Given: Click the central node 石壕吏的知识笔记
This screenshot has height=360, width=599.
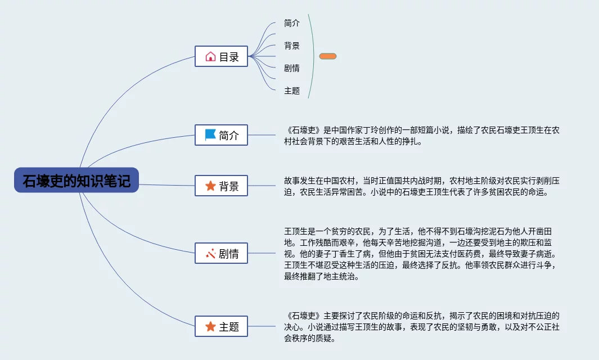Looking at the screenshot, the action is pyautogui.click(x=76, y=180).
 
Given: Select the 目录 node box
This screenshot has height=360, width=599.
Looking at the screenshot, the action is pyautogui.click(x=221, y=56).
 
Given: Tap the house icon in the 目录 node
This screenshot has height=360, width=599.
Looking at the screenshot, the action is pyautogui.click(x=210, y=57).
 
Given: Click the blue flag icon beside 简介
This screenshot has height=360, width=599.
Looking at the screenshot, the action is pyautogui.click(x=210, y=135).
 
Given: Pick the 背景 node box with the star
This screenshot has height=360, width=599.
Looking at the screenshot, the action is pyautogui.click(x=221, y=186).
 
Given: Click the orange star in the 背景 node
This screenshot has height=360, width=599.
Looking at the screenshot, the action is pyautogui.click(x=210, y=186).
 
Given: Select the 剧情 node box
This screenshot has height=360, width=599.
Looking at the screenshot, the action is pyautogui.click(x=221, y=253).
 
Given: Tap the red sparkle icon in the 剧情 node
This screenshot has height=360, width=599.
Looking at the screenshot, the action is pyautogui.click(x=210, y=253).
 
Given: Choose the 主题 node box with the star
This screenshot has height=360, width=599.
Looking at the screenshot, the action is pyautogui.click(x=221, y=326).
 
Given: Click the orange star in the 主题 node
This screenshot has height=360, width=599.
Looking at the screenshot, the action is pyautogui.click(x=210, y=326).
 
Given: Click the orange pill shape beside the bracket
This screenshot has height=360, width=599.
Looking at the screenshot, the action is pyautogui.click(x=328, y=57).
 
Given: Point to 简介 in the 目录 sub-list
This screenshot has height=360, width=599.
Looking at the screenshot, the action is pyautogui.click(x=292, y=23).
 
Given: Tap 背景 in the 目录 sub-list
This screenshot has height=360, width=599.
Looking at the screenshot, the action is pyautogui.click(x=292, y=46).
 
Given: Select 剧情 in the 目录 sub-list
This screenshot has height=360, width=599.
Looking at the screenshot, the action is pyautogui.click(x=292, y=68).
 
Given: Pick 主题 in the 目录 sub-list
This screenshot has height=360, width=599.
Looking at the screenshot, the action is pyautogui.click(x=292, y=91).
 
